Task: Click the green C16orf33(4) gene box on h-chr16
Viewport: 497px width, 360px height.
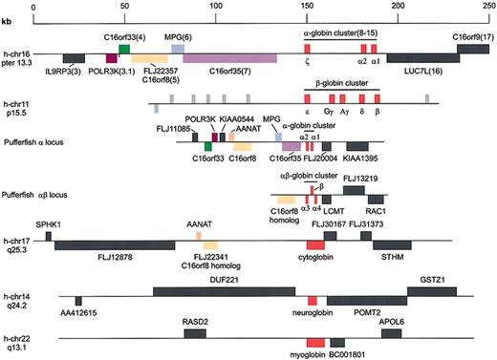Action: click(x=124, y=49)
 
